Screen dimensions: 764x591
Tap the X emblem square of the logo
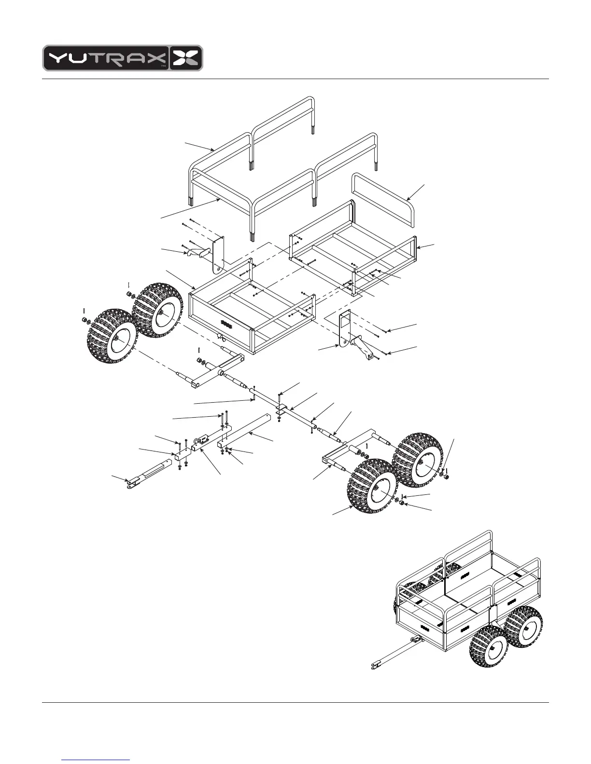pos(186,58)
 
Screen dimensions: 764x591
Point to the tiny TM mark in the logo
pos(163,65)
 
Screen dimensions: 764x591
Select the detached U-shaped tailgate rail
pos(384,198)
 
